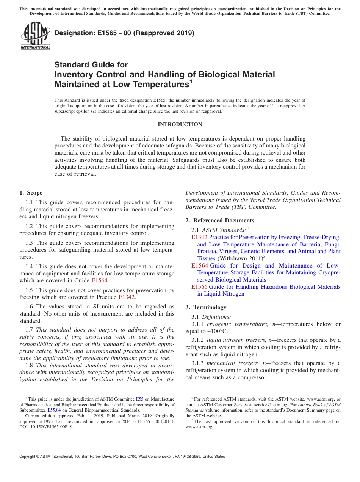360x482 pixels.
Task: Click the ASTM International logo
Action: tap(35, 36)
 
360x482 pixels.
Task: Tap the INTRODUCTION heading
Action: tap(180, 124)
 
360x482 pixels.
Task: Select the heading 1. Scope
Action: tap(31, 193)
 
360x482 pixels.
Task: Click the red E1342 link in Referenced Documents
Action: tap(199, 237)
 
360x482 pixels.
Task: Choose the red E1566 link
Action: tap(199, 287)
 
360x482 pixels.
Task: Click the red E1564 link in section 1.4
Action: tap(100, 280)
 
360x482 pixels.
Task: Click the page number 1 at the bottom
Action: tap(180, 466)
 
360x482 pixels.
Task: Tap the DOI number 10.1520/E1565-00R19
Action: tap(52, 426)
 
